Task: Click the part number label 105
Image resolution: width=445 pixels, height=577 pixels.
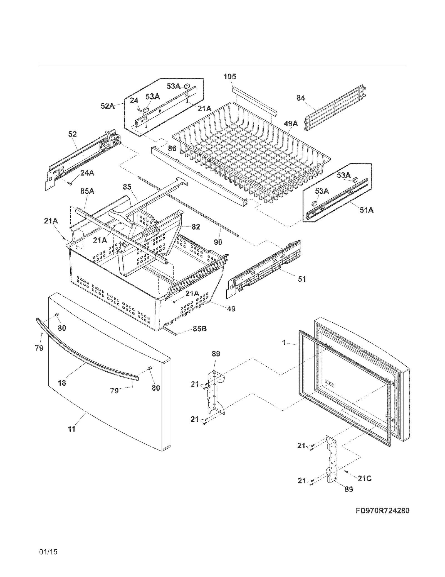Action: (x=230, y=77)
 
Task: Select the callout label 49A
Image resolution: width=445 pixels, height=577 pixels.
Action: (x=291, y=123)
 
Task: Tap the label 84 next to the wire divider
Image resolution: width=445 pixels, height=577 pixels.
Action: (x=301, y=98)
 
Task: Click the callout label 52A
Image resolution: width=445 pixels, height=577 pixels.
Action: (x=108, y=106)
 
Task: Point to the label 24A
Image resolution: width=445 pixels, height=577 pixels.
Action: (x=87, y=173)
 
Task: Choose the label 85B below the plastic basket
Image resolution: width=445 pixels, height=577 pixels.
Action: (x=200, y=329)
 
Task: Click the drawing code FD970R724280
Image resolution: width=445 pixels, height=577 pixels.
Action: (x=382, y=511)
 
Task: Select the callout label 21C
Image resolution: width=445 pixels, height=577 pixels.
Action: (x=364, y=478)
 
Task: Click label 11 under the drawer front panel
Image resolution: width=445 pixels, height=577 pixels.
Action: (x=72, y=429)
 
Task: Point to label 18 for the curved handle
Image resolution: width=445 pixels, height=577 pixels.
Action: (x=62, y=383)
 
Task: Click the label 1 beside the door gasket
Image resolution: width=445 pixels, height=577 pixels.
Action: (x=284, y=343)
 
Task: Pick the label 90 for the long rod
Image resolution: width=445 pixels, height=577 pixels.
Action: (x=218, y=242)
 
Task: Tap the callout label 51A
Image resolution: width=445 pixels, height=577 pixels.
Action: (x=366, y=210)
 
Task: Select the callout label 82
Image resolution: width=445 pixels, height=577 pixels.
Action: (x=196, y=227)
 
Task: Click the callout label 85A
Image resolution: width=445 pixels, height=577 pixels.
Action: (x=87, y=191)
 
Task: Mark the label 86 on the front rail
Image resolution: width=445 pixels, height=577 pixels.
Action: (x=172, y=148)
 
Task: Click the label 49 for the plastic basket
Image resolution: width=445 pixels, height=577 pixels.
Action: (x=231, y=309)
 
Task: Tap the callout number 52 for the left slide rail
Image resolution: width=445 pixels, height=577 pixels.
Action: (x=72, y=134)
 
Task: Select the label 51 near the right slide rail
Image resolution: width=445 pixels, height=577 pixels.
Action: (x=302, y=279)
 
